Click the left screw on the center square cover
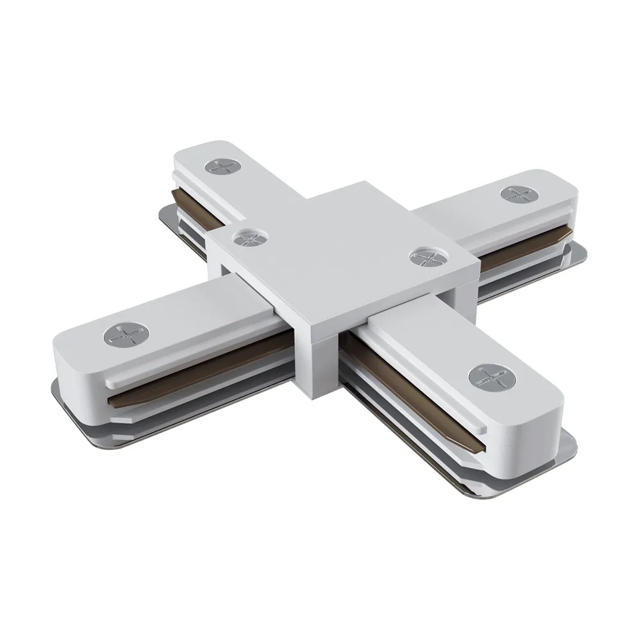tap(247, 239)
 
